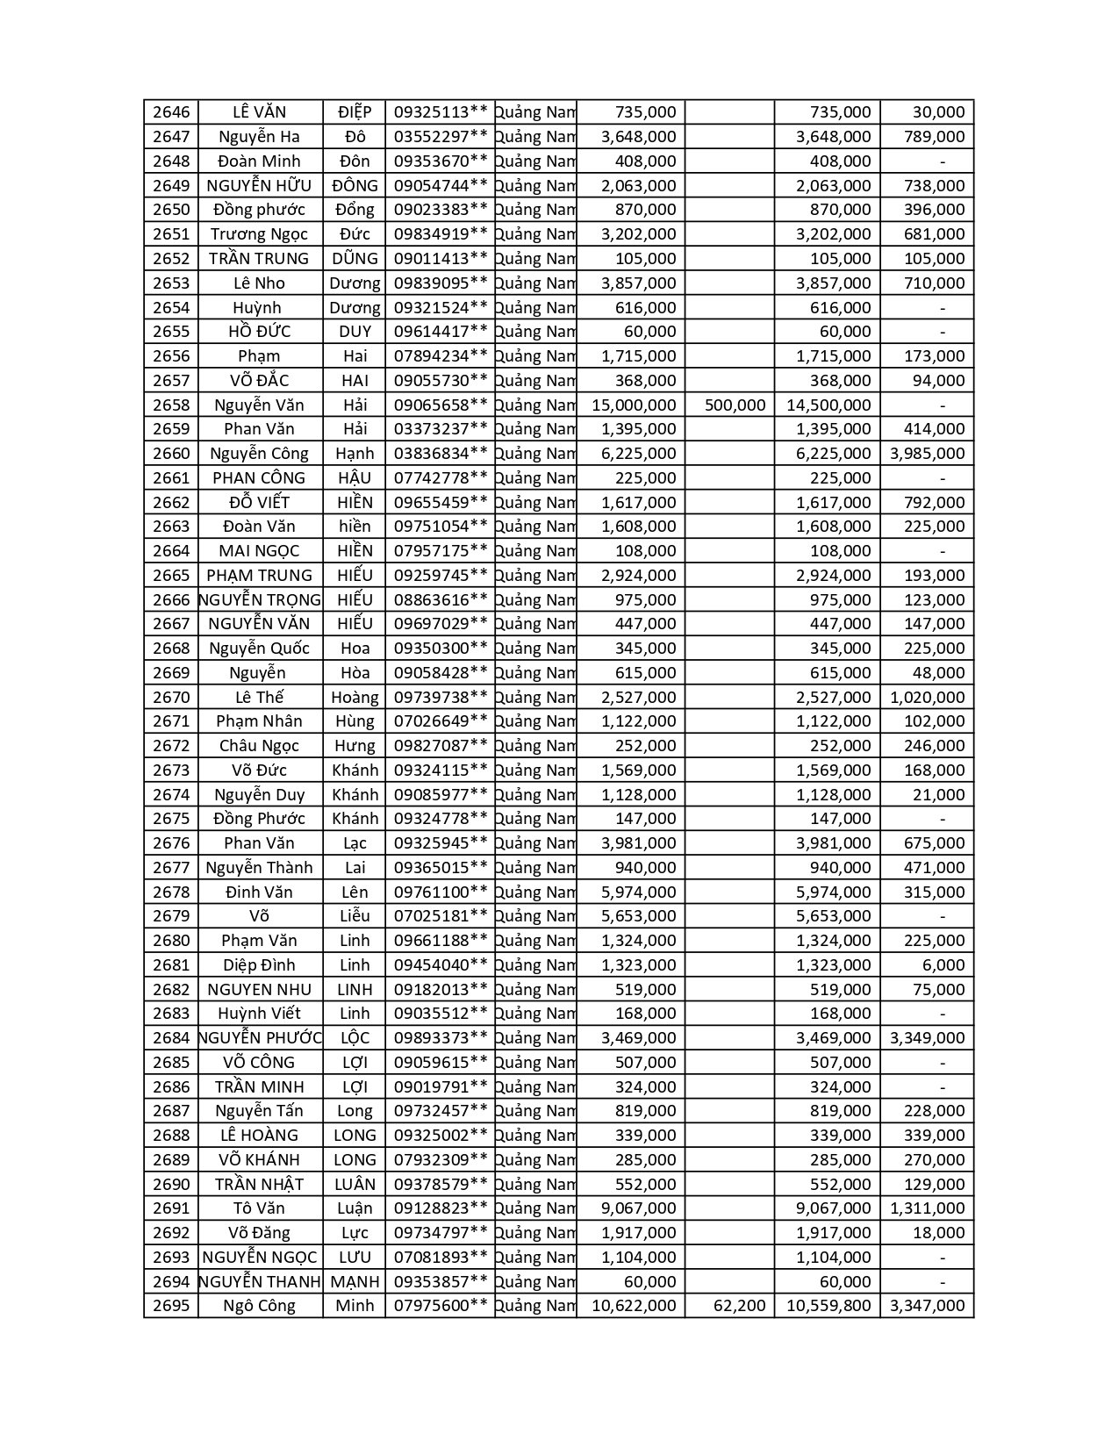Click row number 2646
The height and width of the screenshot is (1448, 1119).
(171, 112)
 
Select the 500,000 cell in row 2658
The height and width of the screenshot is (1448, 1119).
(735, 405)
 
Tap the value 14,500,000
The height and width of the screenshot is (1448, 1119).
(828, 405)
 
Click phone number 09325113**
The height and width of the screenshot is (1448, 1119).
(440, 112)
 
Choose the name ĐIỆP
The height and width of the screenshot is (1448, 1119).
(355, 112)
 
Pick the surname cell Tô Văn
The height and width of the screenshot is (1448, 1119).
(260, 1208)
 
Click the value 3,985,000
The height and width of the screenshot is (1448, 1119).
(927, 454)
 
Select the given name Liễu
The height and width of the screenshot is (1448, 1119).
(355, 916)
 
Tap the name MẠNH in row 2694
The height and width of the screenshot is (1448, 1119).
(355, 1281)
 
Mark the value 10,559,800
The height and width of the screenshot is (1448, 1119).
(828, 1306)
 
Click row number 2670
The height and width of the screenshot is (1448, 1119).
(171, 698)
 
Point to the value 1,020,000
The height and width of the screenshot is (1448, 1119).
(927, 698)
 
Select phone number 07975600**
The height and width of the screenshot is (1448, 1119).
(440, 1306)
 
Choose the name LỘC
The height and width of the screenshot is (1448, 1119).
(355, 1038)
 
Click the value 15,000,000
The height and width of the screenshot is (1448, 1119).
(634, 405)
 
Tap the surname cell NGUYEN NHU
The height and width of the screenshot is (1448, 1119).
(260, 990)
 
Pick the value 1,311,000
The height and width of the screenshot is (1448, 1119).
(927, 1208)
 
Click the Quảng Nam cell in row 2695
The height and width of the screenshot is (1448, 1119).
(535, 1306)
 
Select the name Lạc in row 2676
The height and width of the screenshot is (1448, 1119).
(355, 843)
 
